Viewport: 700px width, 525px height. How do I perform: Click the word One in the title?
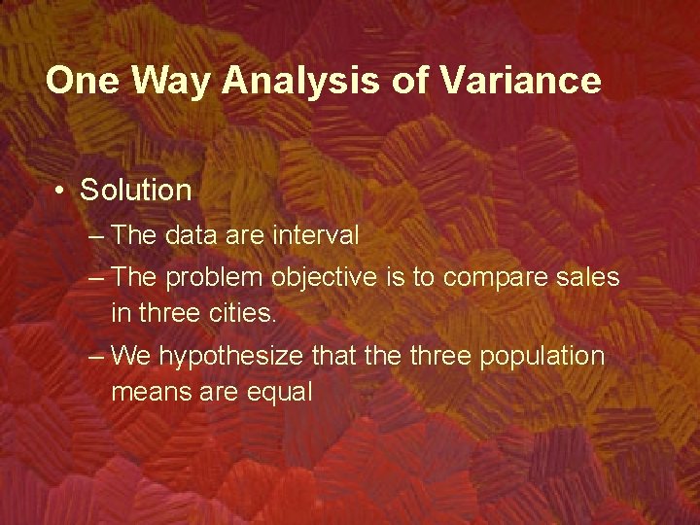click(81, 81)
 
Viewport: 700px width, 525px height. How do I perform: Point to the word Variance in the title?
click(520, 81)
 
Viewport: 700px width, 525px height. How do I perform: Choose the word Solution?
click(136, 190)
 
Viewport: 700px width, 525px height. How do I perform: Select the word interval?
click(316, 235)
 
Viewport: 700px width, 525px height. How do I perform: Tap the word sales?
click(589, 277)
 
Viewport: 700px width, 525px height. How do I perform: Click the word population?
click(542, 357)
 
